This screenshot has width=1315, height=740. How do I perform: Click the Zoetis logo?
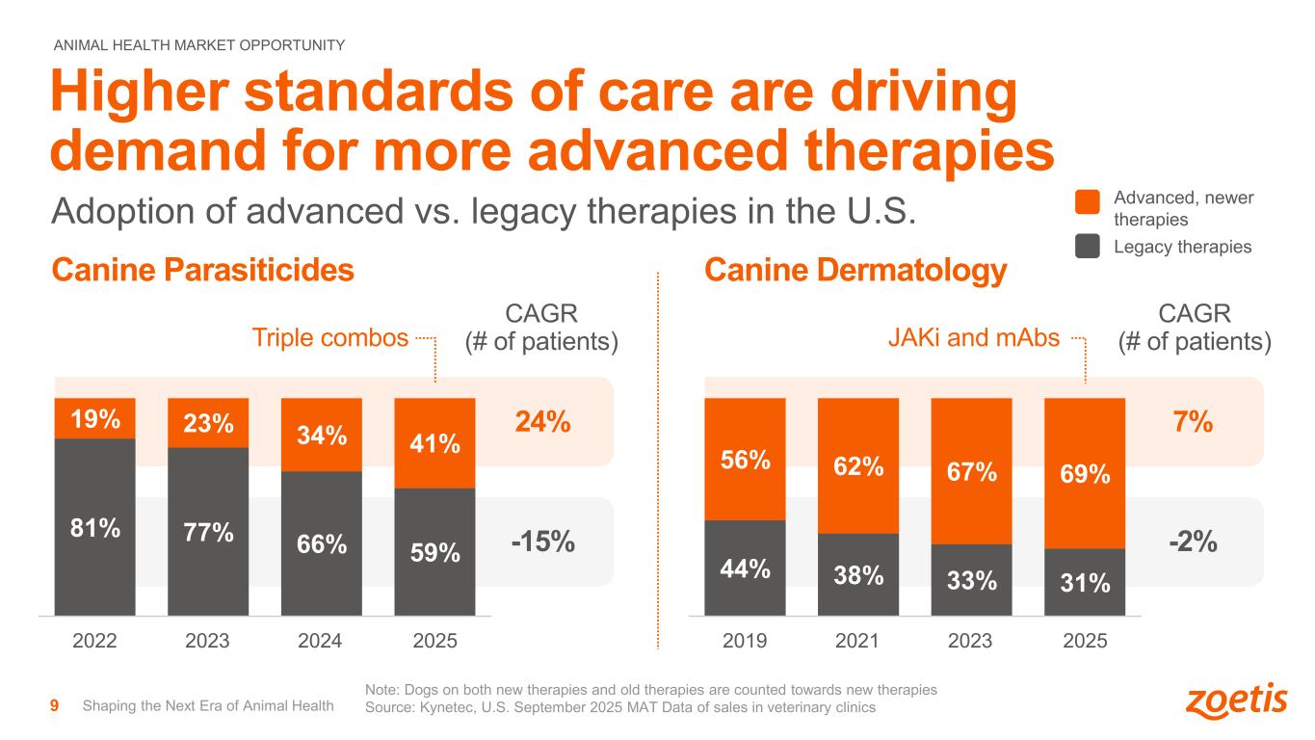(1236, 701)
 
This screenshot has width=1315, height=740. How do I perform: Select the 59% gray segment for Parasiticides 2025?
(434, 552)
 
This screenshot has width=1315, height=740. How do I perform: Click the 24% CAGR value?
(543, 422)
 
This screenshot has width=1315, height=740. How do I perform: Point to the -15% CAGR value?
(542, 542)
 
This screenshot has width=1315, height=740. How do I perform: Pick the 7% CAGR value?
(1192, 422)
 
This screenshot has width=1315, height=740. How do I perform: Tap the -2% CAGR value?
(1193, 542)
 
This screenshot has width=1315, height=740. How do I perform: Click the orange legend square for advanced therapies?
(1087, 201)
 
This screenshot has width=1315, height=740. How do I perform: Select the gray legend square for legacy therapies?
(1087, 247)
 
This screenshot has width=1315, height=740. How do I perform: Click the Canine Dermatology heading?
(855, 272)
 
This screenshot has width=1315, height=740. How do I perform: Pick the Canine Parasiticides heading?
(202, 272)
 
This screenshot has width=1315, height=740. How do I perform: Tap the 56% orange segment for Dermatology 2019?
(745, 460)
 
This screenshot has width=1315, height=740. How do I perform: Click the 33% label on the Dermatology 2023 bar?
(971, 580)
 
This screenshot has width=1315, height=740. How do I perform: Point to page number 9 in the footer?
(55, 706)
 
